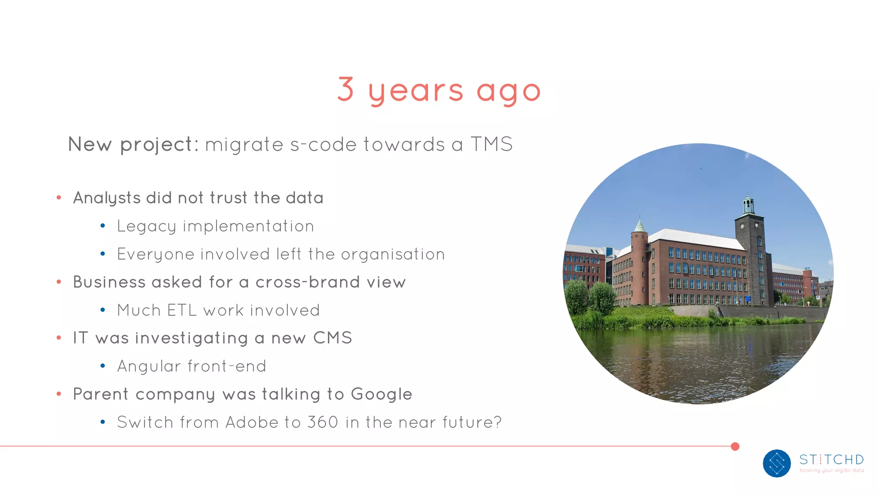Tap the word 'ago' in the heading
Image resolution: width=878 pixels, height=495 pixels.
[x=508, y=91]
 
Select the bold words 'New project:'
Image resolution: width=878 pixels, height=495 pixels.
[x=133, y=144]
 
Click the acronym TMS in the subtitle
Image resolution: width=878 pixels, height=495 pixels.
[x=491, y=144]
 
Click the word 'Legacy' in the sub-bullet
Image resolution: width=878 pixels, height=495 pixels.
[x=146, y=226]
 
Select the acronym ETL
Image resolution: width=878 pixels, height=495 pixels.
[x=182, y=310]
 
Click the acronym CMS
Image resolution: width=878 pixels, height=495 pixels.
[x=332, y=338]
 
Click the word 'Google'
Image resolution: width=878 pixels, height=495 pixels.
[x=381, y=394]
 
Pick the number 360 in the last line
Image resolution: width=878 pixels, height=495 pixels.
[x=322, y=422]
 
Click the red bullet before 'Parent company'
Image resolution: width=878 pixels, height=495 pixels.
[x=59, y=394]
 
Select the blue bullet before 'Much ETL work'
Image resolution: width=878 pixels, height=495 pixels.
[x=102, y=310]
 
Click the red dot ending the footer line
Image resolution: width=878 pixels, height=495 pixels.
[x=735, y=447]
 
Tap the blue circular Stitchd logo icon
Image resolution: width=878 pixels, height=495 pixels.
[x=776, y=463]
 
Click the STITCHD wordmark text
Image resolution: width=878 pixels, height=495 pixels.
[x=831, y=460]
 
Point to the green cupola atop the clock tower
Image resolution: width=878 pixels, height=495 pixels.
[x=749, y=204]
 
